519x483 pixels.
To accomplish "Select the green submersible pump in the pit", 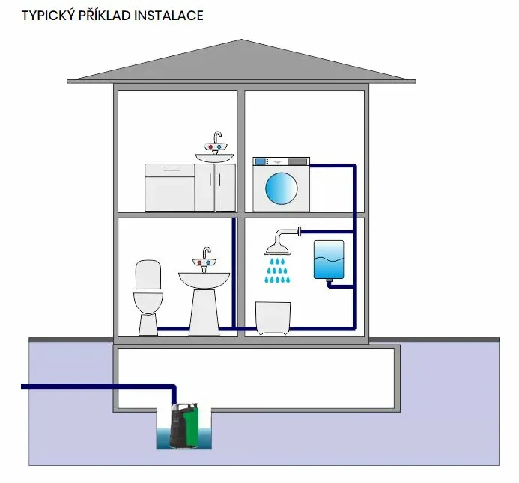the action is pyautogui.click(x=184, y=425).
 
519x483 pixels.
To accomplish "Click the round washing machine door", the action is pyautogui.click(x=282, y=188).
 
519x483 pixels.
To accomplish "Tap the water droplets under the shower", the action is pyautogui.click(x=277, y=271).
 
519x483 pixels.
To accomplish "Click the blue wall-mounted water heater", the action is pyautogui.click(x=329, y=259).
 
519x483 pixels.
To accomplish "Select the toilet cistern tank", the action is pyautogui.click(x=148, y=275).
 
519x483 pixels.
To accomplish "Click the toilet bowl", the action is pyautogui.click(x=148, y=303).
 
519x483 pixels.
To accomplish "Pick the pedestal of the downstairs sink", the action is pyautogui.click(x=204, y=313).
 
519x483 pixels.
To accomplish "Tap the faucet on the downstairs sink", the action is pyautogui.click(x=205, y=259).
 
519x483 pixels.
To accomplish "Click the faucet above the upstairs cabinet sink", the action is pyautogui.click(x=216, y=142).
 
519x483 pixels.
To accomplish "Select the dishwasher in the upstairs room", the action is pyautogui.click(x=170, y=188).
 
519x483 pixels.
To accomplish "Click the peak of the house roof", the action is pyautogui.click(x=241, y=40).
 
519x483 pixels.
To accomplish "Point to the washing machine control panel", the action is pyautogui.click(x=282, y=161).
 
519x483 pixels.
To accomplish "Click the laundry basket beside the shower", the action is pyautogui.click(x=273, y=318).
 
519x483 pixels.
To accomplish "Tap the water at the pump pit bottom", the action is pyautogui.click(x=184, y=439).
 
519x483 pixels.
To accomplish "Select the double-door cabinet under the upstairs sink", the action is pyautogui.click(x=215, y=188).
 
